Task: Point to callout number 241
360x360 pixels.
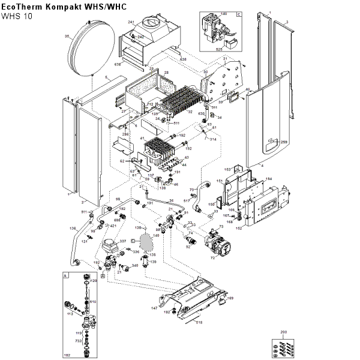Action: pos(130,22)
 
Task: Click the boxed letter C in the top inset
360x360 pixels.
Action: pos(238,13)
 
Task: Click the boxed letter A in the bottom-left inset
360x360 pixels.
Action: pos(65,277)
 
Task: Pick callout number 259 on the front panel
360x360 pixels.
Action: pos(284,142)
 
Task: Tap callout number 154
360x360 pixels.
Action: pos(269,179)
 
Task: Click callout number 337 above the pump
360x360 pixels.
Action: pos(122,241)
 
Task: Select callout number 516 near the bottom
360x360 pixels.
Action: pos(199,323)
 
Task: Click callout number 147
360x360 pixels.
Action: pos(154,308)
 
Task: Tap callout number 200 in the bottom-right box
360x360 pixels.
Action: pos(284,331)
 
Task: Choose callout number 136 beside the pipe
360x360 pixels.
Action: pos(73,228)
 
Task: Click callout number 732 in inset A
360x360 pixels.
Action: pos(79,340)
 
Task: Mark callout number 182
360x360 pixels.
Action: pos(67,356)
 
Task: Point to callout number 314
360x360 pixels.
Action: pos(213,138)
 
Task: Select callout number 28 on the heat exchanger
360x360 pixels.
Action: pos(166,73)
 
